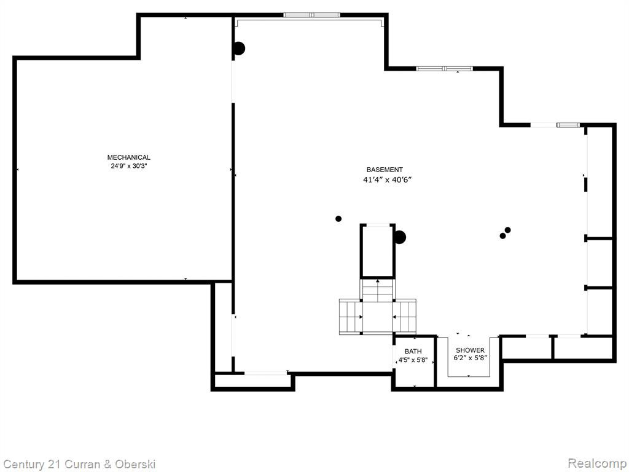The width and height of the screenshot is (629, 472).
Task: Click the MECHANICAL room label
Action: pos(129,157)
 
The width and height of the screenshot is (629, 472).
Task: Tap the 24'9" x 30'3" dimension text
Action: pos(129,166)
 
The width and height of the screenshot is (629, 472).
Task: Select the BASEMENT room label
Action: pos(385,170)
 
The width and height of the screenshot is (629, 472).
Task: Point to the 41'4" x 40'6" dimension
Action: pos(388,180)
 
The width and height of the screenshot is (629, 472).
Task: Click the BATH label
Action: pos(413,352)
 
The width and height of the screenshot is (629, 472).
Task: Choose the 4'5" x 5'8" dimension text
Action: pos(413,360)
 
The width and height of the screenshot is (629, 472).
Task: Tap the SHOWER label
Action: pos(470,350)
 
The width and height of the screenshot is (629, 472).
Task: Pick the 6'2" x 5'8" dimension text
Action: pos(470,358)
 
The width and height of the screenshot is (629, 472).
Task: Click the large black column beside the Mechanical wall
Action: pos(239,49)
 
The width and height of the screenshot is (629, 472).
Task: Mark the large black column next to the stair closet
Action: pos(399,237)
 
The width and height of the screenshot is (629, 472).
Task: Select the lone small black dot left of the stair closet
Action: pos(338,219)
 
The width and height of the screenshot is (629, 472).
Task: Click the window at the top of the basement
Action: pos(311,15)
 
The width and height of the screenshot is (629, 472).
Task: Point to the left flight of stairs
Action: pos(351,317)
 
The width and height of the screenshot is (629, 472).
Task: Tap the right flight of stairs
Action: pos(405,317)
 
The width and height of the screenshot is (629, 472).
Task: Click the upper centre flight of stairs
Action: pos(378,290)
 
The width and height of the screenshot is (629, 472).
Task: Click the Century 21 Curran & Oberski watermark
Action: pos(79,465)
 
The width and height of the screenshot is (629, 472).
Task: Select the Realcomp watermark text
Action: pos(597,463)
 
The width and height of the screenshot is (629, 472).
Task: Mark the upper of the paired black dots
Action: pos(508,230)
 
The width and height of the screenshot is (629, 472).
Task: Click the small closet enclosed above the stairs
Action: pos(378,251)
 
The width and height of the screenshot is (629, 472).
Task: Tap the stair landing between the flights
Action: pos(378,317)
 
